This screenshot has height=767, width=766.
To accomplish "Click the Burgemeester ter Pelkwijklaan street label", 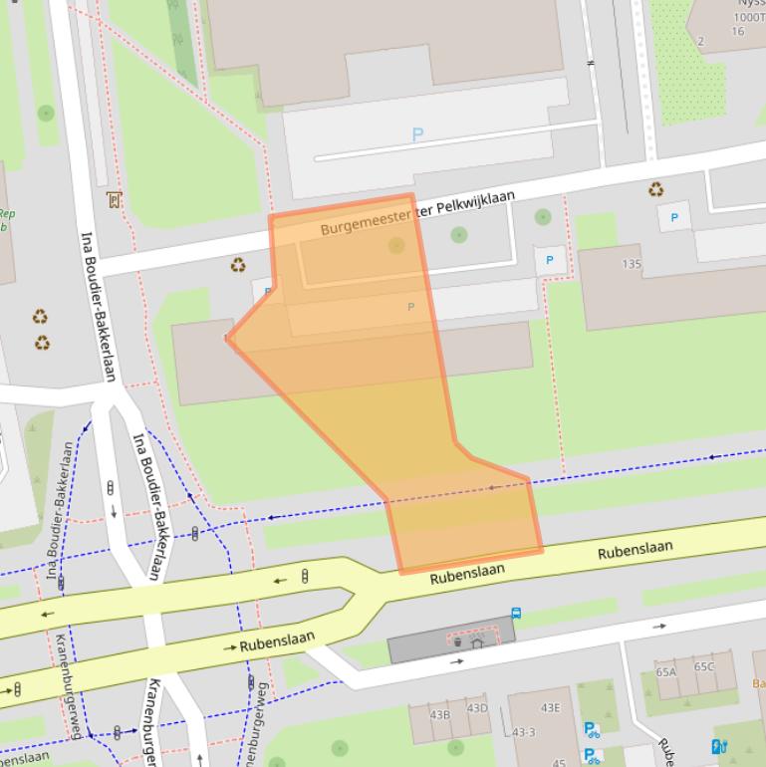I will coord(417,213).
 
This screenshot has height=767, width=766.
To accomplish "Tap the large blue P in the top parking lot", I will coord(417,134).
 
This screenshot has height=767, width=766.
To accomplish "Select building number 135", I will coord(632,264).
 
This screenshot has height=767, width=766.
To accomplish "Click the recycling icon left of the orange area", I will coord(238,265).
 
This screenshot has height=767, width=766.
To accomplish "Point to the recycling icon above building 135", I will coord(656,189).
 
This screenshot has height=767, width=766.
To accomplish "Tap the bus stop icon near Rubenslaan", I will coord(516,614).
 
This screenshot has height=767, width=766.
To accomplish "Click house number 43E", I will coord(550,708).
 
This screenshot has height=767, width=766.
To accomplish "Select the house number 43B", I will coord(439,714).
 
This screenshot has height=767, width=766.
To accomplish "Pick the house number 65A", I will coord(666,672).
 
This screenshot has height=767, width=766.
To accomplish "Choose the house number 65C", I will coord(704,666).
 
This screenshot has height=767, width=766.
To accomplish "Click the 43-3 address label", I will coord(524,732).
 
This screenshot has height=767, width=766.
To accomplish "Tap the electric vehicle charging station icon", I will coord(718,746).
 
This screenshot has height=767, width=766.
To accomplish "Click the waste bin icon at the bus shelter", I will coord(457,642).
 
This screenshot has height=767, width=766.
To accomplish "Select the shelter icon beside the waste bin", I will coord(476,642).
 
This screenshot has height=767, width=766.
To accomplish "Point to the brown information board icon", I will coord(114,200).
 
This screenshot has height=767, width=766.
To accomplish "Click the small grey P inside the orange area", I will coord(410,307).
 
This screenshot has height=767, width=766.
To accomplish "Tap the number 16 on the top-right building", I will coord(737,31).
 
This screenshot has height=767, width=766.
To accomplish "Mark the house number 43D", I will coord(477,708).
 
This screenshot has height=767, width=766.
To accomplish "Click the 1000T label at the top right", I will coord(749,17).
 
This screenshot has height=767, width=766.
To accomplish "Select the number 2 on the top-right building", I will coord(700,41).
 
